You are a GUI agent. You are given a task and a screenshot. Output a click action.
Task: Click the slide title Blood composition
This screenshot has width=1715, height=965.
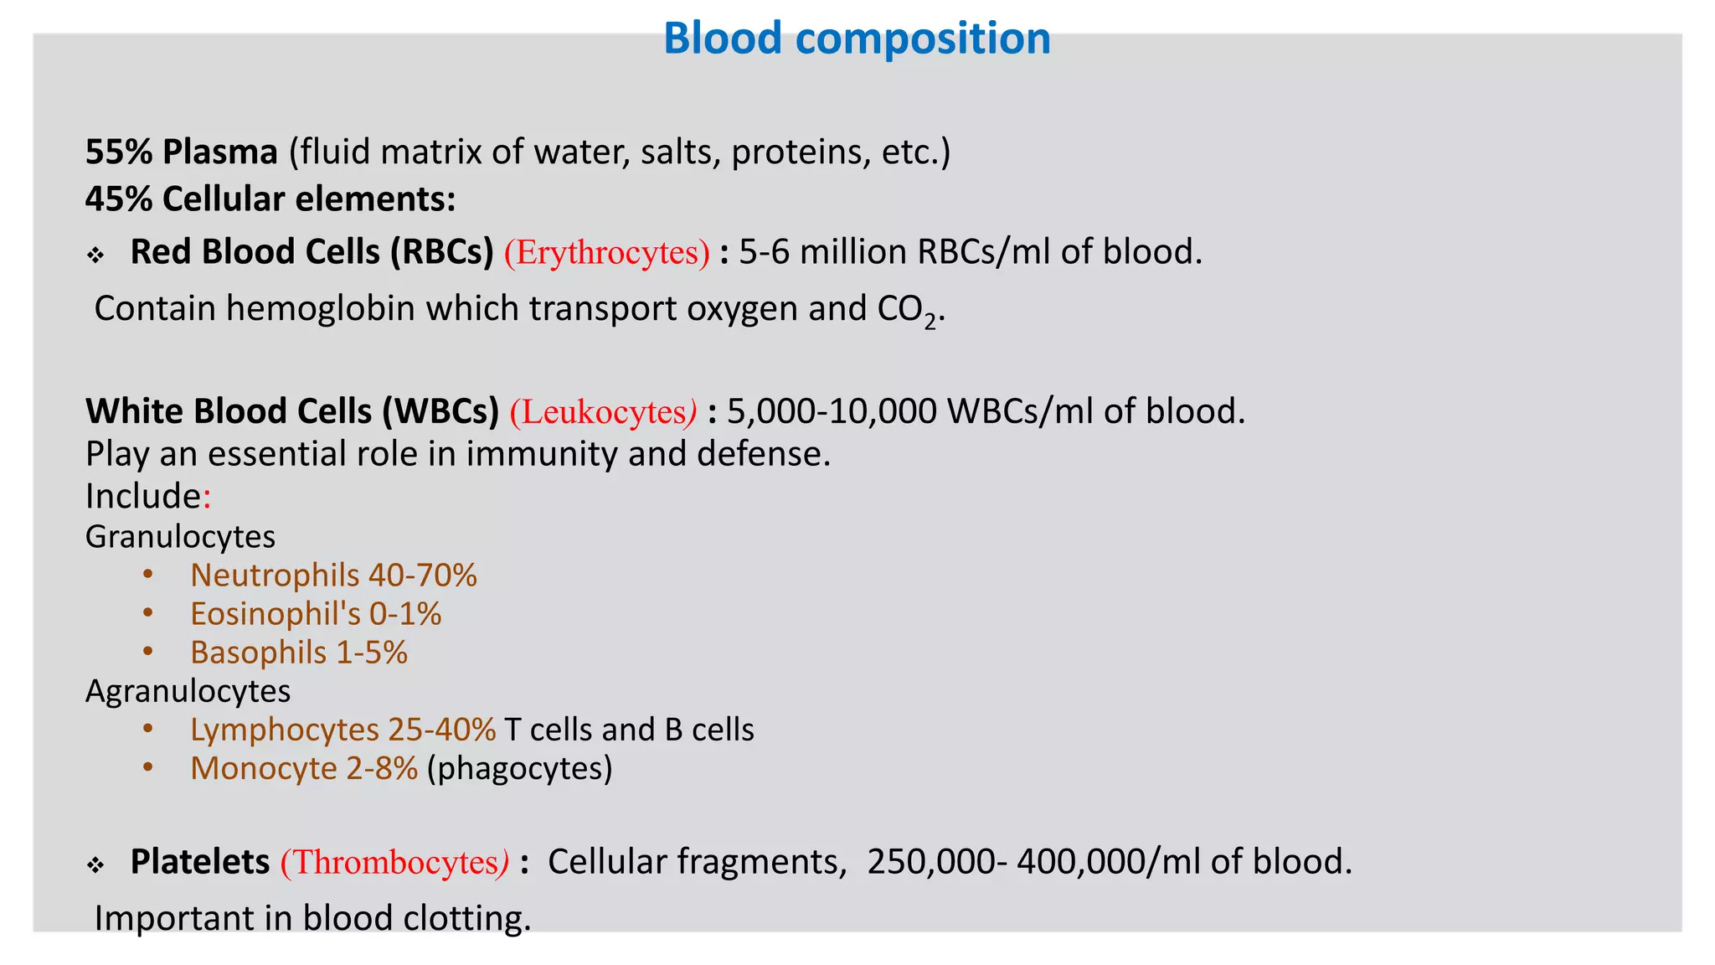(x=857, y=39)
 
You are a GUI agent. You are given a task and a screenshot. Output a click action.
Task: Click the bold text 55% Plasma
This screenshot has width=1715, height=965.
(x=181, y=152)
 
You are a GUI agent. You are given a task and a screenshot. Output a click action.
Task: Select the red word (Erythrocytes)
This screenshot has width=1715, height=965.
(x=606, y=252)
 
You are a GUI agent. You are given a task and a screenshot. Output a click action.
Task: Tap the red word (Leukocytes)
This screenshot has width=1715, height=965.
(x=603, y=412)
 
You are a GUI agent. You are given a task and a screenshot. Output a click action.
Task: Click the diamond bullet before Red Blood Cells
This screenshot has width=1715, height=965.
(x=95, y=255)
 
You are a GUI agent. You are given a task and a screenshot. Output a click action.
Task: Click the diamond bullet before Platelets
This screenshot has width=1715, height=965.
(x=95, y=864)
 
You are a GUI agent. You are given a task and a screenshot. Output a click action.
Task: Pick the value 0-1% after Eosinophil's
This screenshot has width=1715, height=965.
(x=405, y=614)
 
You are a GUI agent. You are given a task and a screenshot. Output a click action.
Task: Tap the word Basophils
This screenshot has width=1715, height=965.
(x=258, y=653)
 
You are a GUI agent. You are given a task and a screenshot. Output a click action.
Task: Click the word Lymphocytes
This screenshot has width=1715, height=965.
(x=285, y=730)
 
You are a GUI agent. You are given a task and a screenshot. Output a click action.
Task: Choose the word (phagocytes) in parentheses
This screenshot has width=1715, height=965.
(x=519, y=768)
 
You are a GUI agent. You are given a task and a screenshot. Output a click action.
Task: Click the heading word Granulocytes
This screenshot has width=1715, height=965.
(x=180, y=537)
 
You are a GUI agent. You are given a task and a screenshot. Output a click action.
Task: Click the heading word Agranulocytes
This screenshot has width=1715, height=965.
(x=188, y=691)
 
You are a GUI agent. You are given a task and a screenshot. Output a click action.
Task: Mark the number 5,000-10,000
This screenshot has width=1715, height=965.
(x=832, y=411)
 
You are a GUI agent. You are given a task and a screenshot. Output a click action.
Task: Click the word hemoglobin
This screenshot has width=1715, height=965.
(x=320, y=309)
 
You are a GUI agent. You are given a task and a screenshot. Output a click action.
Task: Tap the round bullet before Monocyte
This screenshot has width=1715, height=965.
(x=147, y=767)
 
